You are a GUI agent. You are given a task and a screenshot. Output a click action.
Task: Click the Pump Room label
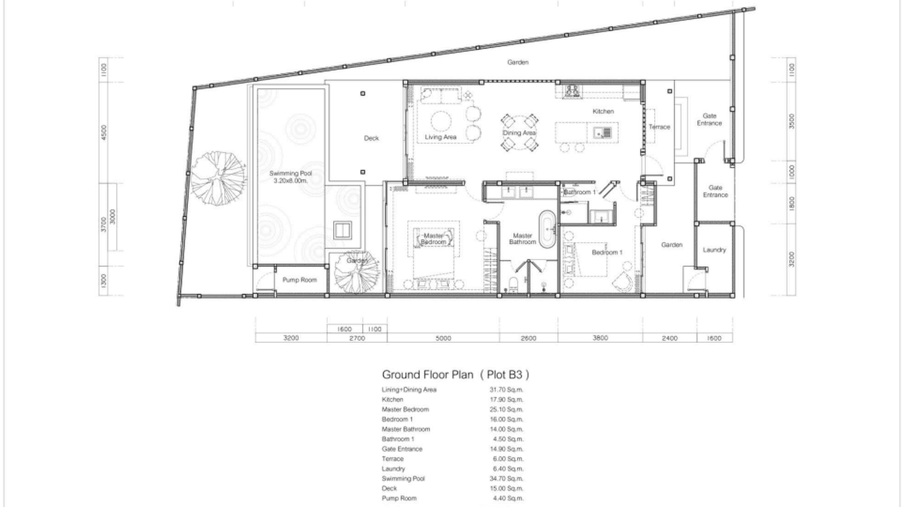click(299, 280)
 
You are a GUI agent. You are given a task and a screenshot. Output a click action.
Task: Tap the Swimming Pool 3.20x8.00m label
click(290, 178)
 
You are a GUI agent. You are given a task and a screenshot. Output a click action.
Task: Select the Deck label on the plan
click(371, 139)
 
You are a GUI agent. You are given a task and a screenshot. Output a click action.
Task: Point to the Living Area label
click(441, 137)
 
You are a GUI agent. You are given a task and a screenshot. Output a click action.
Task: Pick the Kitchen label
click(603, 111)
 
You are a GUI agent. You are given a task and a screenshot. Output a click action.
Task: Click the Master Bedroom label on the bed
click(433, 239)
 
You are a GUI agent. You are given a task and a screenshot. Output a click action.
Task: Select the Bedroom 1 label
click(607, 253)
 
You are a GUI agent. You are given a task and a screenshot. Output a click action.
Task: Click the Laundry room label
click(714, 250)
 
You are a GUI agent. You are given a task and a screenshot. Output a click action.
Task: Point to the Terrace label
click(659, 127)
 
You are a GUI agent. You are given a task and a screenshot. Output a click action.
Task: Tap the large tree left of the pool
click(217, 176)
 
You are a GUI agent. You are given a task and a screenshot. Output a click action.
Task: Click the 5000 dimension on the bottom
click(443, 338)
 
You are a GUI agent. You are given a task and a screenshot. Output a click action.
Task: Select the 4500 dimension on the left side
click(104, 132)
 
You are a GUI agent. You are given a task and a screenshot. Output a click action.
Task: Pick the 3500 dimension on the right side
click(792, 122)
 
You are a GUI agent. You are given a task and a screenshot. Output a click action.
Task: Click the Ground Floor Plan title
click(456, 375)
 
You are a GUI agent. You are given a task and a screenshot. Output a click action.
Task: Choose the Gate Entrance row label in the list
click(402, 449)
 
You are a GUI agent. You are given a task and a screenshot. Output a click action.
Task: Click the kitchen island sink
click(603, 132)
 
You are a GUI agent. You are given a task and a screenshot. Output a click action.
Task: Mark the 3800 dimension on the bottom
click(600, 338)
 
